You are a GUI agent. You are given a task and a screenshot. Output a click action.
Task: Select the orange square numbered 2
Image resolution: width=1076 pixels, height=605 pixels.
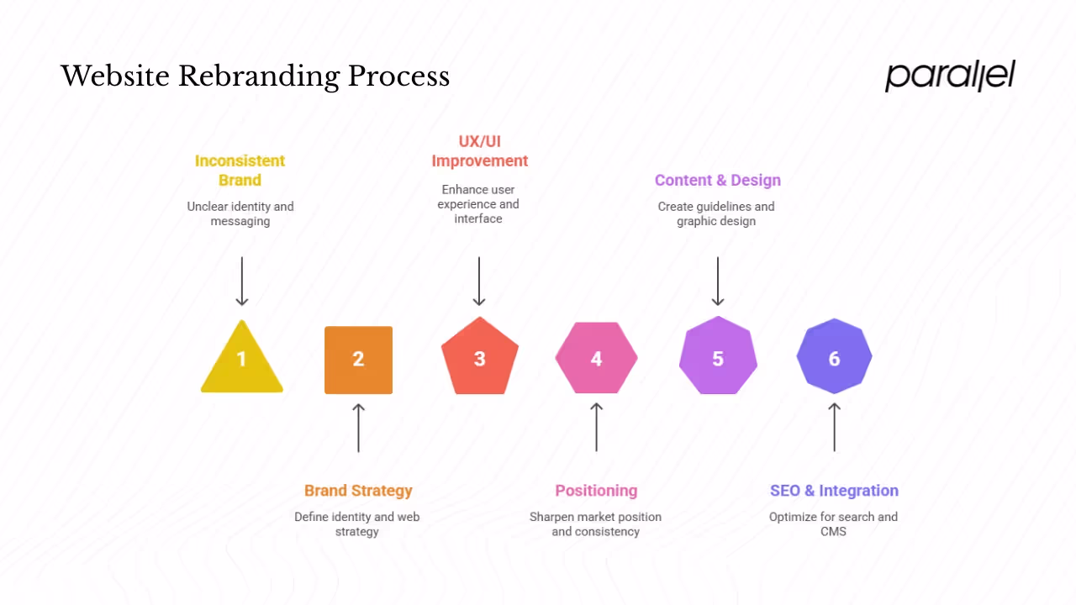[358, 360]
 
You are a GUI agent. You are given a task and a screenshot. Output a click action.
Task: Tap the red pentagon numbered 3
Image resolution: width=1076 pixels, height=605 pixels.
[479, 358]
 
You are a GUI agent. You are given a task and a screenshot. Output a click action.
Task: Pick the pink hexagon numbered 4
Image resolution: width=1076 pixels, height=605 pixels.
[596, 359]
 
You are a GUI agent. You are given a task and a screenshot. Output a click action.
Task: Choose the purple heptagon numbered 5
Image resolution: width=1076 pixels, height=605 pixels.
[718, 358]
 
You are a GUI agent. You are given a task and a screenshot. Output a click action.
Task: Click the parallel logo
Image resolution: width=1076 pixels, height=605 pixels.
[950, 76]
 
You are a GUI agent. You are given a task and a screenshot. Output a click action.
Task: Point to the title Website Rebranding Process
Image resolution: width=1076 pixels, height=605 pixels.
[256, 76]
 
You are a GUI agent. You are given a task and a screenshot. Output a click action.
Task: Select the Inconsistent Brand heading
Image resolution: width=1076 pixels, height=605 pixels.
[240, 171]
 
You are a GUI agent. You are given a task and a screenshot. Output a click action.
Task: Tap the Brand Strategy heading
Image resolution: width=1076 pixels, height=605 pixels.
[358, 491]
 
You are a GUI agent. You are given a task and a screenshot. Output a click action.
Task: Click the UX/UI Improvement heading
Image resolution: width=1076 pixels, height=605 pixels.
[479, 151]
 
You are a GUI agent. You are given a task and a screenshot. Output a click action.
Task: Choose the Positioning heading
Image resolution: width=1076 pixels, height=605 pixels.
[596, 491]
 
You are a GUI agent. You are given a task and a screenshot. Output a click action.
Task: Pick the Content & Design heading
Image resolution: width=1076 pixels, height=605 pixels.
[718, 181]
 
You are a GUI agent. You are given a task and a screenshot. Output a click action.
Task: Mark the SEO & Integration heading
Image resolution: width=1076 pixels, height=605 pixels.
[834, 491]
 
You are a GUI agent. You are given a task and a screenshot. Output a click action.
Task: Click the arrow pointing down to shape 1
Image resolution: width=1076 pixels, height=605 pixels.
[242, 281]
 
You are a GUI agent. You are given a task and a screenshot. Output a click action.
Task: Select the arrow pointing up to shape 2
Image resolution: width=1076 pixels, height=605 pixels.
[358, 428]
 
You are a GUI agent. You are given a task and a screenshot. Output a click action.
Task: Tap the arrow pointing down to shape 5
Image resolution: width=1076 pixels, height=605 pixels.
[718, 281]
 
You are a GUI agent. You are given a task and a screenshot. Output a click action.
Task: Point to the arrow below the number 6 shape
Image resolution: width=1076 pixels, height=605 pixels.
[834, 428]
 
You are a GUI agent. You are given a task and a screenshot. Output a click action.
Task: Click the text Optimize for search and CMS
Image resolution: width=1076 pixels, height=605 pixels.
[833, 524]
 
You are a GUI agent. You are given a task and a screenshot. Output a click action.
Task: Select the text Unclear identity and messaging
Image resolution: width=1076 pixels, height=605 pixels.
[240, 214]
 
